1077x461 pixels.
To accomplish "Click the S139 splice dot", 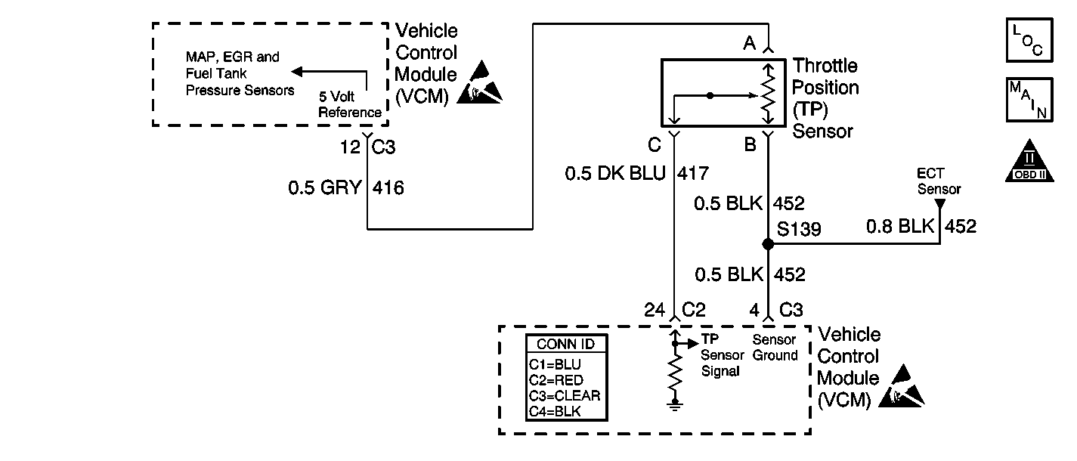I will coord(768,244).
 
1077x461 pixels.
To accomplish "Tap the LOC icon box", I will coord(1029,39).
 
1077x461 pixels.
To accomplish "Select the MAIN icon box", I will coord(1029,99).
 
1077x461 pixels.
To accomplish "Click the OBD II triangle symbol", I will coord(1029,160).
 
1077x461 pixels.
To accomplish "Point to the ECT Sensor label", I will coord(939,182).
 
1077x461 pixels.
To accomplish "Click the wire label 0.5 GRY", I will coord(326,187).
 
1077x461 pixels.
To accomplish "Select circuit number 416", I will coord(388,187).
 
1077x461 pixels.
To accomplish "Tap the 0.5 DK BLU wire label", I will coord(615,174).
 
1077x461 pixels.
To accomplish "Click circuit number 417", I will coord(694,174).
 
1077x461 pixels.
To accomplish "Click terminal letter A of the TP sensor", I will coord(749,44).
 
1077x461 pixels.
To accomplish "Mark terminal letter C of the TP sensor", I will coord(655,144).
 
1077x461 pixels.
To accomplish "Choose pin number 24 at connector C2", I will coord(655,310).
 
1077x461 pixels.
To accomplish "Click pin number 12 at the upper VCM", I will coord(350,147).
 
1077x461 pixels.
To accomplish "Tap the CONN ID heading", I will coord(565,344).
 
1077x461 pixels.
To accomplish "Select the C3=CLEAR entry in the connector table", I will coord(565,395).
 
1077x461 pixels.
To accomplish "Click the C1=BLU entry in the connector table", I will coord(555,364).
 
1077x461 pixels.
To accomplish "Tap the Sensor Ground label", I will coord(775,348).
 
